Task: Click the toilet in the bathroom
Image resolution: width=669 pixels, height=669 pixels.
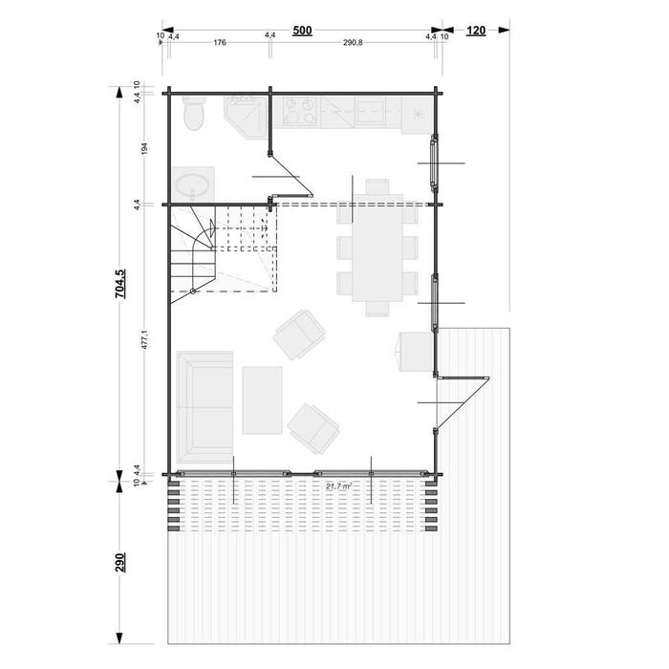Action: (x=193, y=115)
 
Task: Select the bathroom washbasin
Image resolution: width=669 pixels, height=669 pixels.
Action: (x=194, y=183)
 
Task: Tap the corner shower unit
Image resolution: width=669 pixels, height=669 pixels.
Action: (x=245, y=117)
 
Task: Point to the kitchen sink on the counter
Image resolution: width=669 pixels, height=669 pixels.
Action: (x=417, y=113)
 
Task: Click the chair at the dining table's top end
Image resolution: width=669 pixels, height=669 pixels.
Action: (x=377, y=187)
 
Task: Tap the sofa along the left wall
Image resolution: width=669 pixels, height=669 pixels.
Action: (x=203, y=405)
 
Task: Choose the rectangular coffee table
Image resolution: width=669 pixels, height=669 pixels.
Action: (x=262, y=399)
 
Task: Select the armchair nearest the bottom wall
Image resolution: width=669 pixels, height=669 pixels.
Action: (x=313, y=427)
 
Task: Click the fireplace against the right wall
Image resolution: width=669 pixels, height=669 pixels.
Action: (x=413, y=352)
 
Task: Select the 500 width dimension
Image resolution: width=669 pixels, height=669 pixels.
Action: (x=302, y=31)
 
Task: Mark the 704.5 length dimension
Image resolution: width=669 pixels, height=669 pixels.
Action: (x=120, y=283)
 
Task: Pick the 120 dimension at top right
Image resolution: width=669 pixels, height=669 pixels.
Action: (x=476, y=31)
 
